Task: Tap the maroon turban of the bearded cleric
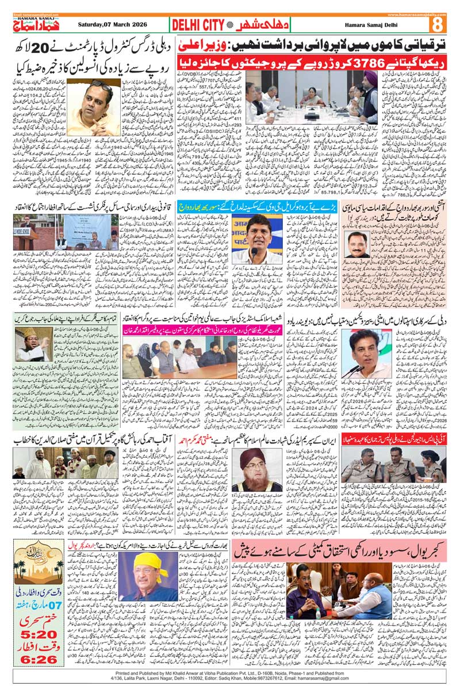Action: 264,457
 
